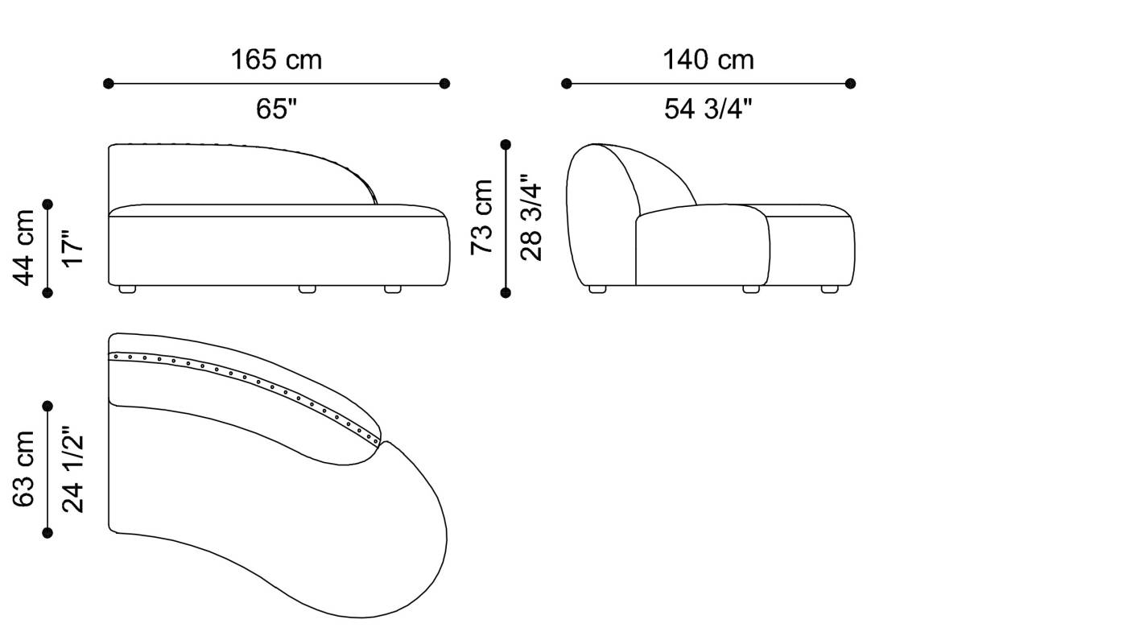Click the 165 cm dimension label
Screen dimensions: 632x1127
[x=276, y=60]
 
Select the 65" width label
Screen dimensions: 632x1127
[x=276, y=109]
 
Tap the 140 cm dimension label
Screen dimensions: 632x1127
[x=708, y=60]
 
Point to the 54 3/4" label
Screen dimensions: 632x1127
[x=708, y=109]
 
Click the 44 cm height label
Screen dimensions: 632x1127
[x=25, y=248]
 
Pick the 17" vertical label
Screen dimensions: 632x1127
[x=72, y=248]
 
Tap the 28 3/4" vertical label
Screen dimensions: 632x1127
[x=531, y=217]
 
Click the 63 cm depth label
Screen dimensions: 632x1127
[x=25, y=469]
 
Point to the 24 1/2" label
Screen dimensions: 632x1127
[x=72, y=469]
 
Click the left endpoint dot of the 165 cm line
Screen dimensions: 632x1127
[x=109, y=83]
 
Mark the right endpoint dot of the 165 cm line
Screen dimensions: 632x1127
[x=445, y=83]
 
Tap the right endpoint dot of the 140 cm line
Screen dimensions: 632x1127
[x=851, y=83]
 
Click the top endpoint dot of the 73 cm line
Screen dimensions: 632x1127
[x=506, y=145]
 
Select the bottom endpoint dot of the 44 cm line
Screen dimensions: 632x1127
[x=47, y=293]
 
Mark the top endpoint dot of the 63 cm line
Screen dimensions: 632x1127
[x=47, y=406]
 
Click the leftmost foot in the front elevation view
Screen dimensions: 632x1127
[x=127, y=289]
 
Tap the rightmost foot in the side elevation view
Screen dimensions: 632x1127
[x=829, y=289]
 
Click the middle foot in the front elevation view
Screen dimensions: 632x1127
[x=308, y=289]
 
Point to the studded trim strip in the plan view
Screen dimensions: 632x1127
[x=242, y=379]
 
